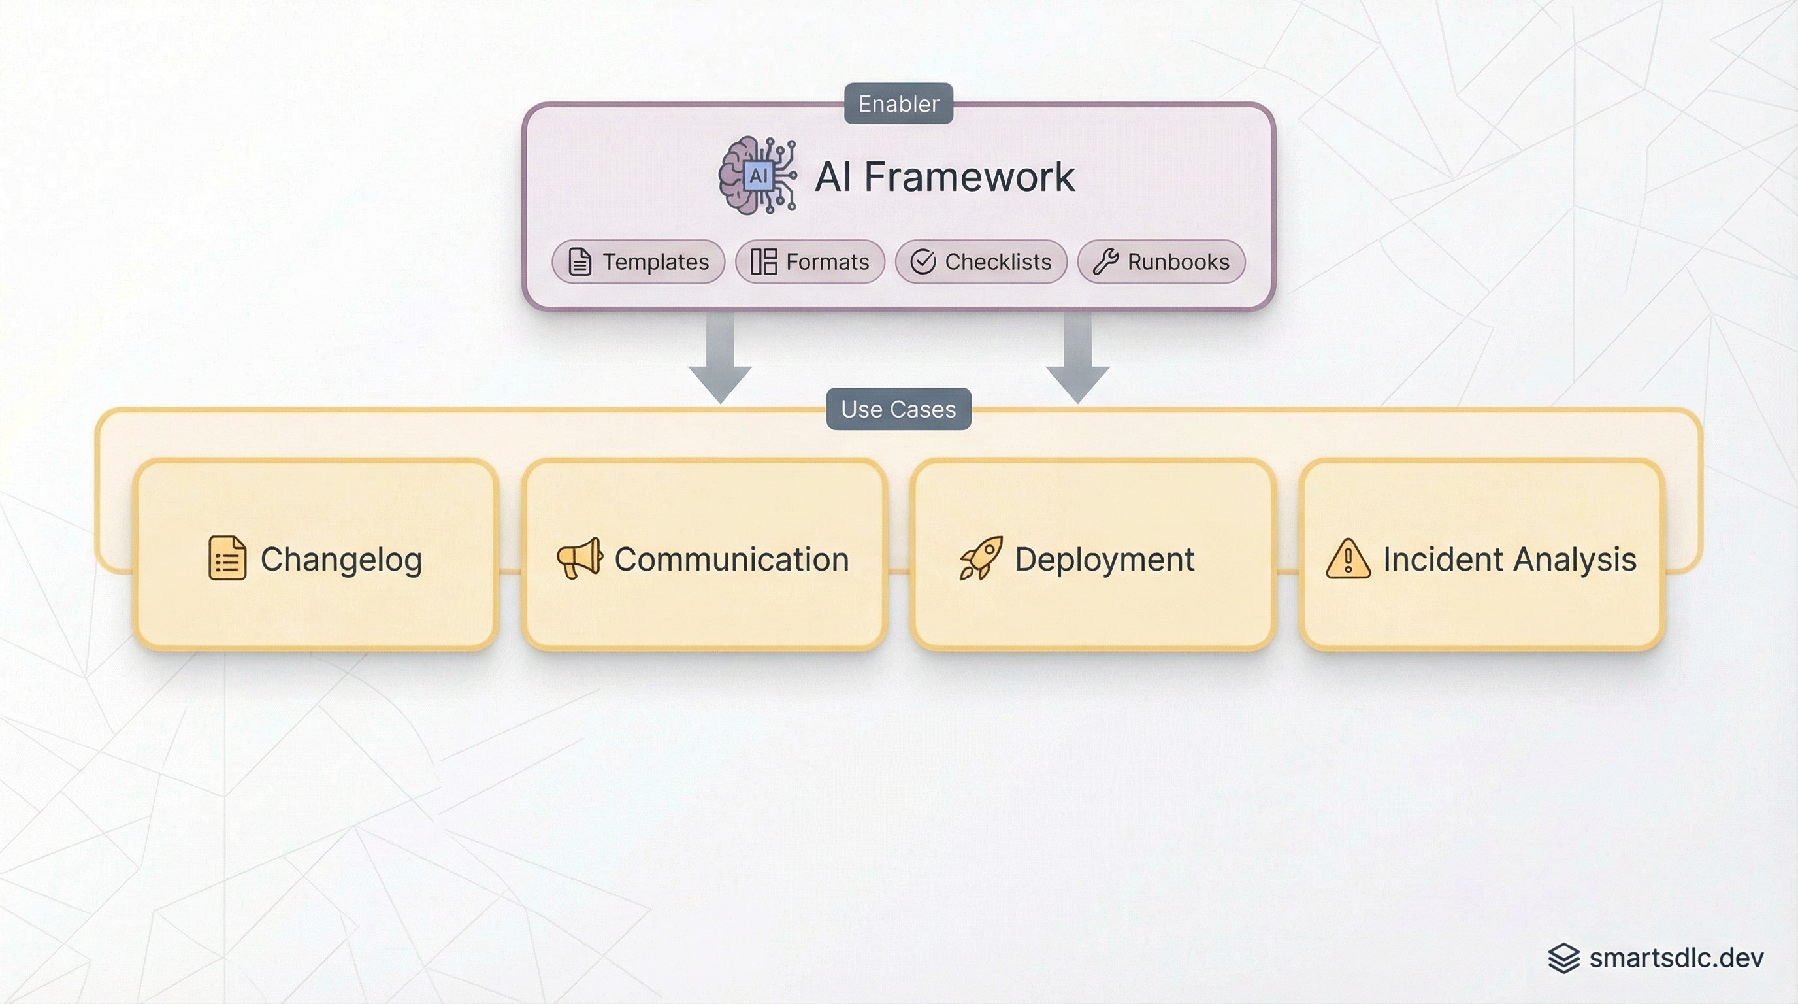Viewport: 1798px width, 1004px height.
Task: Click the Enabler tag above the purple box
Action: (x=898, y=103)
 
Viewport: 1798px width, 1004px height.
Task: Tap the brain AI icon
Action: (x=757, y=175)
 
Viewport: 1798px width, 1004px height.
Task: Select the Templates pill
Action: (x=638, y=262)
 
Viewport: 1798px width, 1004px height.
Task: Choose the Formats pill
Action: (x=809, y=262)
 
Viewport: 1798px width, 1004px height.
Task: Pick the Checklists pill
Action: (x=981, y=262)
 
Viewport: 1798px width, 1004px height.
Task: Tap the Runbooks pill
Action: (x=1161, y=262)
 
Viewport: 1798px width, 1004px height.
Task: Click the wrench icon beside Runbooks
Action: (x=1105, y=262)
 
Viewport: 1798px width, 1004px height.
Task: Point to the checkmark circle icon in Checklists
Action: (x=923, y=262)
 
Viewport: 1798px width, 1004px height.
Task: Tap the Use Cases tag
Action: (x=898, y=409)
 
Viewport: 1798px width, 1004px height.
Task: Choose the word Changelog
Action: (x=340, y=560)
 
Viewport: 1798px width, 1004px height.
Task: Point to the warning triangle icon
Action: (x=1348, y=560)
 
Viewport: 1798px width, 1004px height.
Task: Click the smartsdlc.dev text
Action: (x=1676, y=958)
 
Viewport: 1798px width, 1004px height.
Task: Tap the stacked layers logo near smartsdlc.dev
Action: (x=1563, y=958)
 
